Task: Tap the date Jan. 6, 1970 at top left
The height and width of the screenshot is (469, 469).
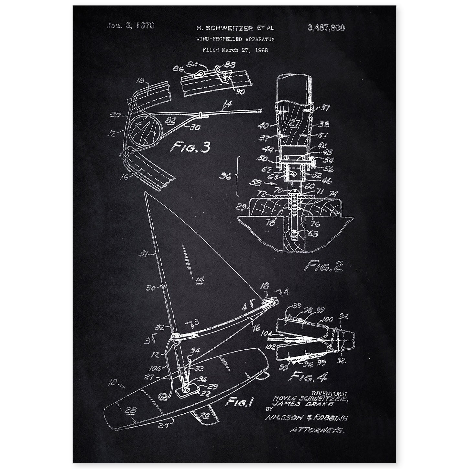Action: click(x=130, y=26)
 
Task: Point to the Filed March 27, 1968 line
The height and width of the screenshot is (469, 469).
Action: click(x=235, y=50)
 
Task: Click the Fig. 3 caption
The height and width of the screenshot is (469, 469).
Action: click(x=190, y=147)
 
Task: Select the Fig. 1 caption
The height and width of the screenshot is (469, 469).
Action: click(x=239, y=402)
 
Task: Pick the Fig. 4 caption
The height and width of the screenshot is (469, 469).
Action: click(x=309, y=376)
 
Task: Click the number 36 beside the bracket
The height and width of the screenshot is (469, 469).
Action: click(x=227, y=177)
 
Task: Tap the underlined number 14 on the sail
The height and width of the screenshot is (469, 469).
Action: click(x=200, y=278)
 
